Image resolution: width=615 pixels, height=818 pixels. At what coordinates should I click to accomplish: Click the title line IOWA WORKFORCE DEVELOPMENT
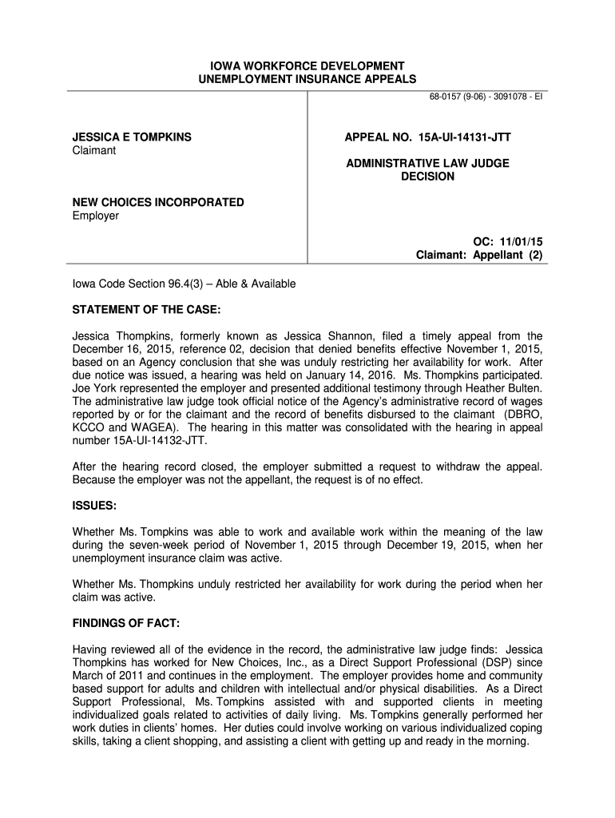coord(307,66)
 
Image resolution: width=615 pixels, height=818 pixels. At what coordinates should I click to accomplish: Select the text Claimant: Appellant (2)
coord(479,255)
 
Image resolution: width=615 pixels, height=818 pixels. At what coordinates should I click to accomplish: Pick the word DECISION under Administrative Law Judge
coord(427,177)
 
